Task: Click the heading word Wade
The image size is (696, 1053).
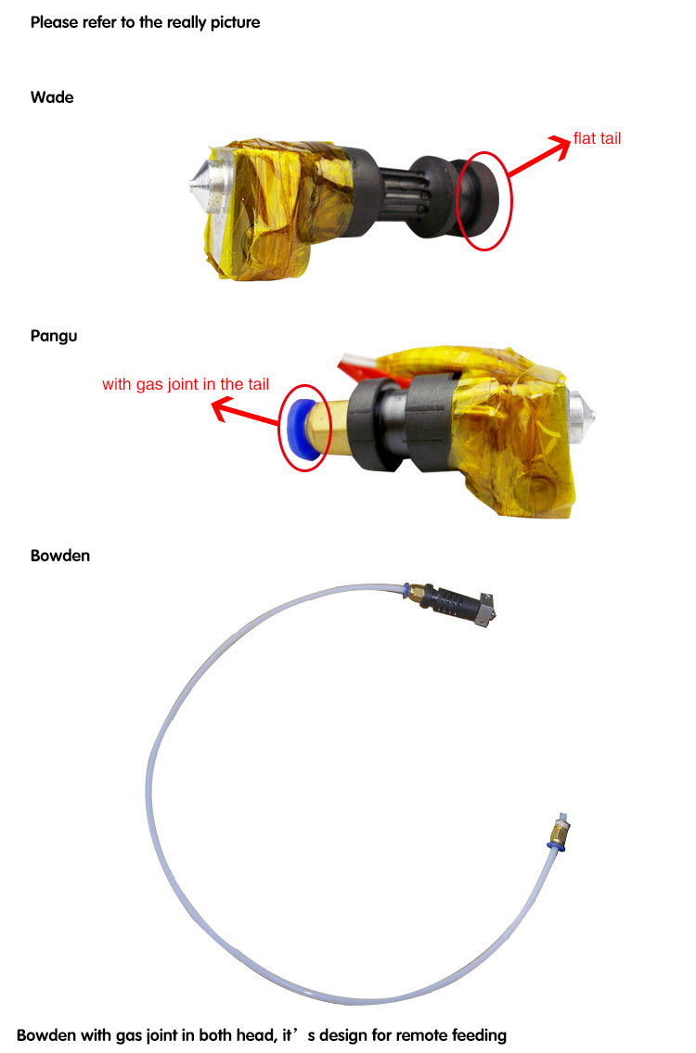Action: [x=52, y=97]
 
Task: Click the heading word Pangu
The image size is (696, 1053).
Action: [x=54, y=336]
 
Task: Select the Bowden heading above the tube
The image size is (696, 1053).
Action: [x=59, y=556]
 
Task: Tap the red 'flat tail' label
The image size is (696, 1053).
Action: [x=597, y=138]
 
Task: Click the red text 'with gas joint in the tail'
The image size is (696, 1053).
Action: [x=186, y=384]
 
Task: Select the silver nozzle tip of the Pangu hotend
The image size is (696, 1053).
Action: [x=581, y=411]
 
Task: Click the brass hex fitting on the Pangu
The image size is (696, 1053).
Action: [x=330, y=429]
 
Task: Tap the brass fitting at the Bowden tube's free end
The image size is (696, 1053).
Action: [x=558, y=831]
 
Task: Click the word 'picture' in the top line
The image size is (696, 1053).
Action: [x=235, y=23]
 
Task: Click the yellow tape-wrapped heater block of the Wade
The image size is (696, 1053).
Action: [x=276, y=207]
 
